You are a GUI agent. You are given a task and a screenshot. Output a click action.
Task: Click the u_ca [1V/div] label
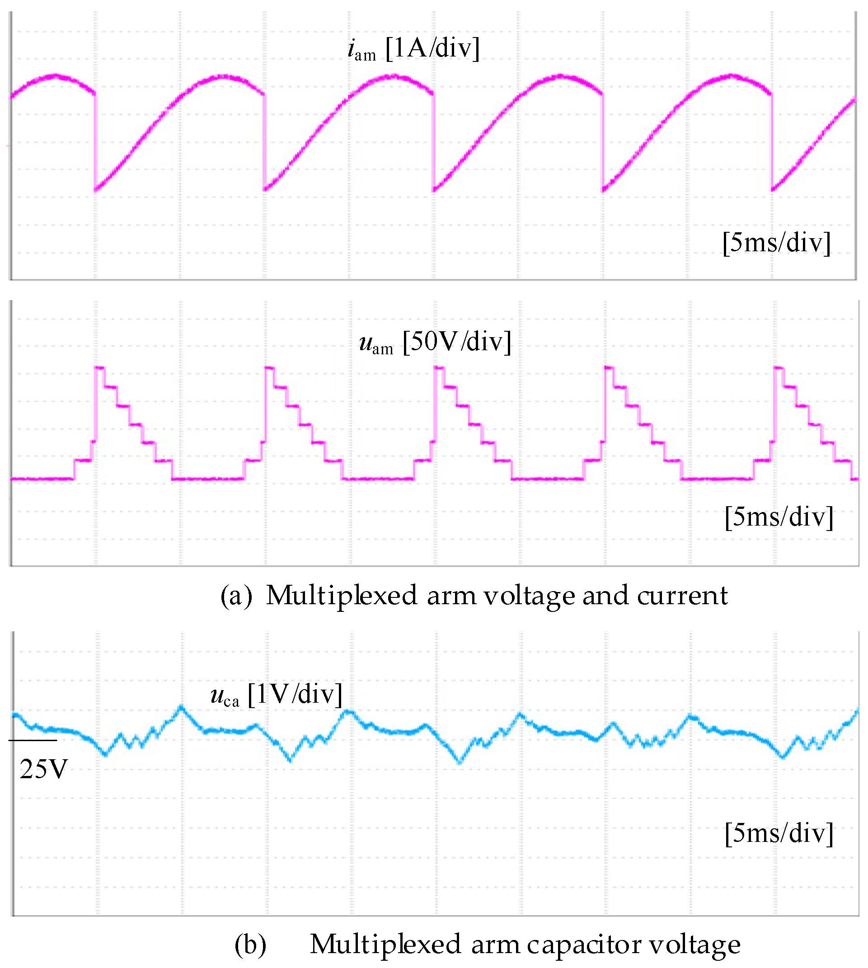point(276,695)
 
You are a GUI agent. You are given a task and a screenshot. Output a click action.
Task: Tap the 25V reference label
point(43,770)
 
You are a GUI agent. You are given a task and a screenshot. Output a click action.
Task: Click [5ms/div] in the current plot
point(776,243)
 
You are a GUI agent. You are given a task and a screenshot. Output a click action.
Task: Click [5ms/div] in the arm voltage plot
point(779,517)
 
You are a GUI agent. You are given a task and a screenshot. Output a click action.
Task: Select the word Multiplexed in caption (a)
point(342,596)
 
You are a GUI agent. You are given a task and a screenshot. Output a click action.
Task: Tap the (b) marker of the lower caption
point(250,945)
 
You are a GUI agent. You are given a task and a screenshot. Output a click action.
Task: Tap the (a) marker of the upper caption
point(236,596)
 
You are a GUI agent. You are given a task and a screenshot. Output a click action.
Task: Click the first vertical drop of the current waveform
point(95,143)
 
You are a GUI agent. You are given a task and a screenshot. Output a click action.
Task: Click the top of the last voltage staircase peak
point(779,367)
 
